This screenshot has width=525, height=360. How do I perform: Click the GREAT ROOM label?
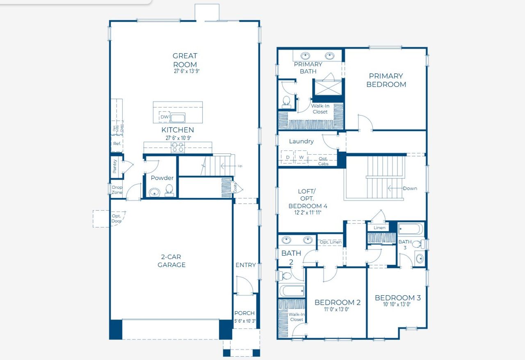185,60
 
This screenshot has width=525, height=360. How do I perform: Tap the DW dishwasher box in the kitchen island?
164,117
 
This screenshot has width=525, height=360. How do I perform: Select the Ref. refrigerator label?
117,144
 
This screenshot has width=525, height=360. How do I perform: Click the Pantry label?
115,166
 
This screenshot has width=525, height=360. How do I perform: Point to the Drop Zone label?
117,190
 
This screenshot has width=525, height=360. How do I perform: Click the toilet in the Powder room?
169,190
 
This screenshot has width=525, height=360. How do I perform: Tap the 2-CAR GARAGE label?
171,261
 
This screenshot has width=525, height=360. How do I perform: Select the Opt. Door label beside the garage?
116,219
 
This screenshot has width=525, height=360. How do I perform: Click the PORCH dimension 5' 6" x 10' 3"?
245,321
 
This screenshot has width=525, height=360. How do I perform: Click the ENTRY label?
245,265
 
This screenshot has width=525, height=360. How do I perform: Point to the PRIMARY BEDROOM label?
386,80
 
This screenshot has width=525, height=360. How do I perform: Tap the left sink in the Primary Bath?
306,55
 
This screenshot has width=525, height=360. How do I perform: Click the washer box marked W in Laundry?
301,157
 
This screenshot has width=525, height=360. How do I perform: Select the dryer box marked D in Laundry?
288,157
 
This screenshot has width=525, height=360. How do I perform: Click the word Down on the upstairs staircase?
409,189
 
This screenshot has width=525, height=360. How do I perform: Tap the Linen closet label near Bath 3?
379,228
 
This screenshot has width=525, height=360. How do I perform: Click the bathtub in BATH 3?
410,229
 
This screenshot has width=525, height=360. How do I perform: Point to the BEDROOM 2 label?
337,303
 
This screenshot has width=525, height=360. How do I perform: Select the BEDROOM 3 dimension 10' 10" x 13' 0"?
397,305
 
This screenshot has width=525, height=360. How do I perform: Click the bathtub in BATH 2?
292,291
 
